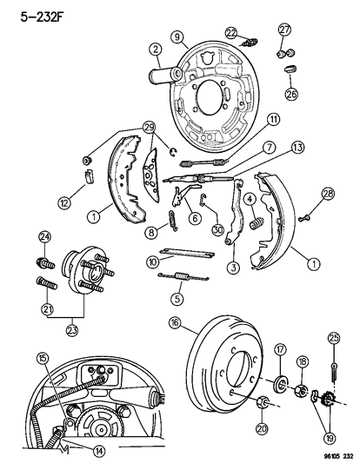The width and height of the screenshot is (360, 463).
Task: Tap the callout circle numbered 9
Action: tap(177, 37)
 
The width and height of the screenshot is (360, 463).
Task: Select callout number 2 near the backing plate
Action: tap(154, 49)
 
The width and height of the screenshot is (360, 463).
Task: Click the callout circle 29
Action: tap(149, 129)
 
